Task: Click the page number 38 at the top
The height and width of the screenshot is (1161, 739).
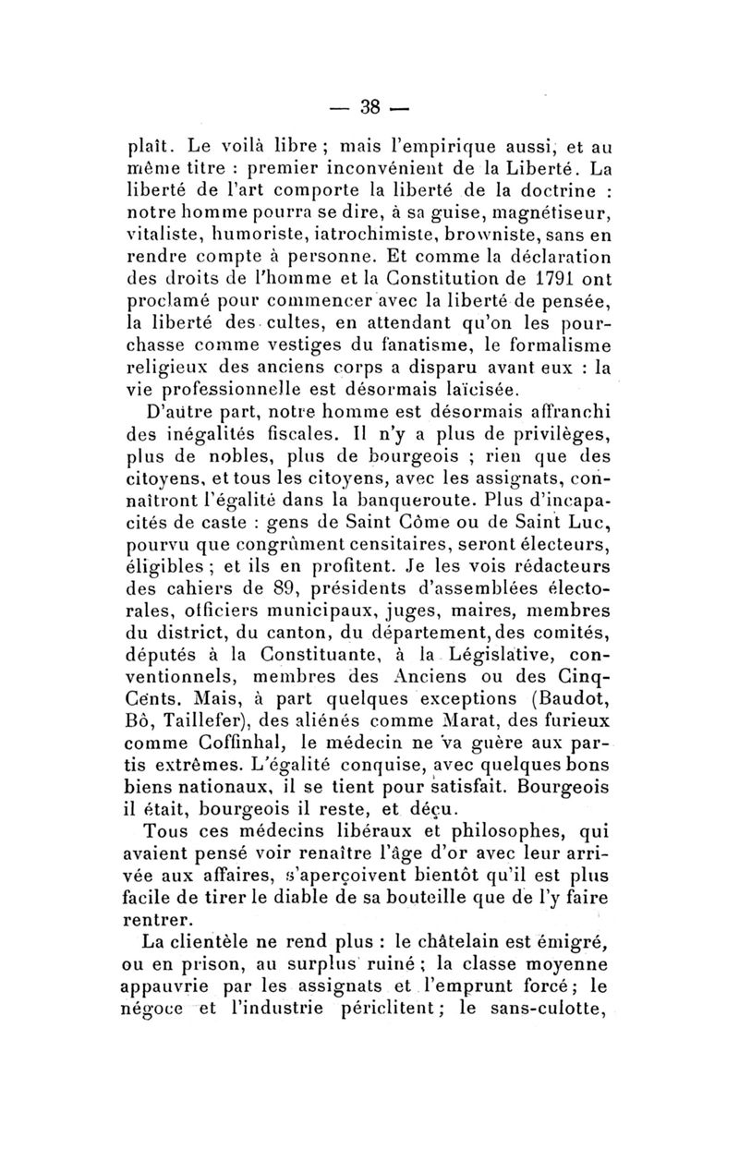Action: tap(370, 108)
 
